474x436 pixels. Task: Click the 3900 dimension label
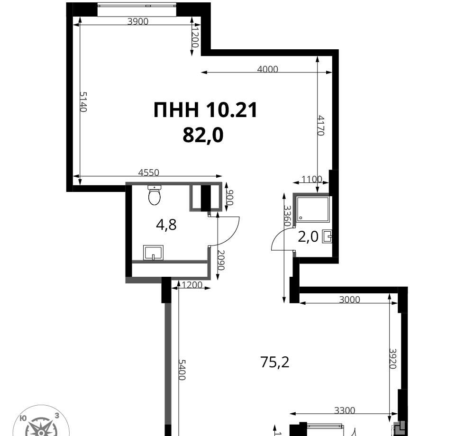[138, 21]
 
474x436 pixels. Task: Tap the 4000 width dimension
[267, 69]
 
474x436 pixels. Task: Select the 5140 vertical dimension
[83, 102]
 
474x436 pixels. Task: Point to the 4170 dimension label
[321, 126]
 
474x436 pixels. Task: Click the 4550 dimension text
[148, 173]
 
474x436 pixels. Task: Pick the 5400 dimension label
[182, 370]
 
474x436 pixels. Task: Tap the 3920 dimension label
[392, 359]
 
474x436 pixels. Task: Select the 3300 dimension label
[345, 410]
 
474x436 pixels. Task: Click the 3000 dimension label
[350, 300]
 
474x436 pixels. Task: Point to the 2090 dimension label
[221, 261]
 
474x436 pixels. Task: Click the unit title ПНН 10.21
[205, 109]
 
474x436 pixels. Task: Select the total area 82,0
[203, 135]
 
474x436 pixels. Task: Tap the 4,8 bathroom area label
[166, 225]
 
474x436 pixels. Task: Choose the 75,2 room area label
[275, 362]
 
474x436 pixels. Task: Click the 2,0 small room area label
[308, 236]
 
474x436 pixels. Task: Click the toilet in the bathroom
[154, 195]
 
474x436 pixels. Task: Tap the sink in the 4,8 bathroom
[153, 253]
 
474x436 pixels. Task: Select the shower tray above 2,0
[312, 209]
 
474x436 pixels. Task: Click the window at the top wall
[137, 5]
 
